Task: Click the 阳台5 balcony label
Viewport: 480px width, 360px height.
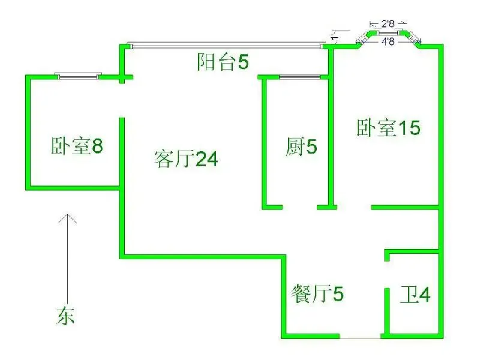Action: point(223,62)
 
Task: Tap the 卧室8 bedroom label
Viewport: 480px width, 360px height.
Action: point(77,146)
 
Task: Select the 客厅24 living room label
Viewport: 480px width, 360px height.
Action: point(186,159)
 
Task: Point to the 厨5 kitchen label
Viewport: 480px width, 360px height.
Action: point(301,146)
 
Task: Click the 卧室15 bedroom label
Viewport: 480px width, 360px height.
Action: point(388,128)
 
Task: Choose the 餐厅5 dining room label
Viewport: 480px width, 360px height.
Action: point(317,293)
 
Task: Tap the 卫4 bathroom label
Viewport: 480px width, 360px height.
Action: point(415,295)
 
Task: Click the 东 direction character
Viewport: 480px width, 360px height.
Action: point(65,316)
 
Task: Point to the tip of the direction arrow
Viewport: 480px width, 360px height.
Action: point(67,214)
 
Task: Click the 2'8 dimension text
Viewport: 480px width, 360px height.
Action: point(388,23)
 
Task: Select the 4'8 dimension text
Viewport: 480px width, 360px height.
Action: point(388,41)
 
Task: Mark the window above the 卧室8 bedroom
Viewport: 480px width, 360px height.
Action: point(79,76)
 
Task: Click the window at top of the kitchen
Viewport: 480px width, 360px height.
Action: point(299,77)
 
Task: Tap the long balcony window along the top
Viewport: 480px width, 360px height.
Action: point(226,46)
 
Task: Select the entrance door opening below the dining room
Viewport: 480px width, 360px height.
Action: point(360,336)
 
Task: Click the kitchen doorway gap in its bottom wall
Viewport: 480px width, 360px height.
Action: point(299,207)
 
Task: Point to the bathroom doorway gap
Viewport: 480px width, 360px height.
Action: point(387,275)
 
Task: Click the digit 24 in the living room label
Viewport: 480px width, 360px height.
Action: point(206,159)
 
